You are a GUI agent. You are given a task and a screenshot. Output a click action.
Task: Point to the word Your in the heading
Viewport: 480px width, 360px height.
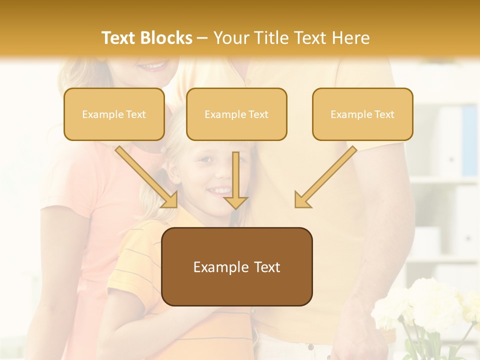[232, 38]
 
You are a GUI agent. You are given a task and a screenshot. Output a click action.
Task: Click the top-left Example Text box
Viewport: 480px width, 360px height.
[114, 114]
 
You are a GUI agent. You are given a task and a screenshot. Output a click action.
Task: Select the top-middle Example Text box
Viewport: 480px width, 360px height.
[236, 114]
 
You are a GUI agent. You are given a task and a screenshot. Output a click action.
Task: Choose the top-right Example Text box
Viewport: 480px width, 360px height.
[362, 114]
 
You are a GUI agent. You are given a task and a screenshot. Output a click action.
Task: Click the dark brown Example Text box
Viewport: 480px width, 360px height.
[236, 266]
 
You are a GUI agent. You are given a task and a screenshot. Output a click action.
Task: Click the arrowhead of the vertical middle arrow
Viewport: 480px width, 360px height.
[235, 202]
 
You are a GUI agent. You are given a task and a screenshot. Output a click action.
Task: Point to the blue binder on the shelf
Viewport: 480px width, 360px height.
[469, 140]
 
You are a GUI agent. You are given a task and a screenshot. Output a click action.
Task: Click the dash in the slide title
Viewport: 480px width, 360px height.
[202, 38]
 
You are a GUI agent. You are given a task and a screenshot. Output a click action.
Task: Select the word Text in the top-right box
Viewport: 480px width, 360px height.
[384, 114]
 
